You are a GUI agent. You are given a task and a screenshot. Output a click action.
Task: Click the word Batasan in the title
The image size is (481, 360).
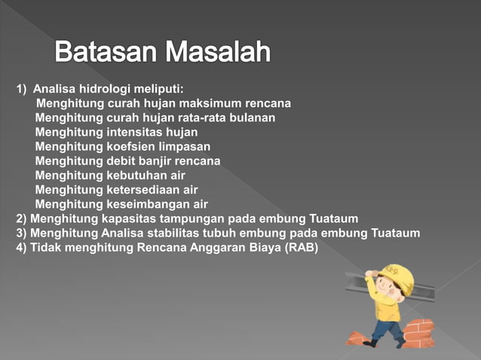click(106, 53)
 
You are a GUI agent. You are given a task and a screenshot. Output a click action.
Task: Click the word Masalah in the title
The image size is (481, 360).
click(218, 53)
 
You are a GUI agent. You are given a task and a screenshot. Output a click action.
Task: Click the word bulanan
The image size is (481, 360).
click(252, 117)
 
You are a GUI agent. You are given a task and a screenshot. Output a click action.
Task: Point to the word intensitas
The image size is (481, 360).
click(135, 132)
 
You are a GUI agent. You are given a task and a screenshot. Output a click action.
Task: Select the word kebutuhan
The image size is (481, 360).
click(136, 175)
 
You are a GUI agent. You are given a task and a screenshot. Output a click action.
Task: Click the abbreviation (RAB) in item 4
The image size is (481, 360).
click(302, 247)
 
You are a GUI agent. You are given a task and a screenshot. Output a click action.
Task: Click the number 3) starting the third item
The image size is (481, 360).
click(22, 233)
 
